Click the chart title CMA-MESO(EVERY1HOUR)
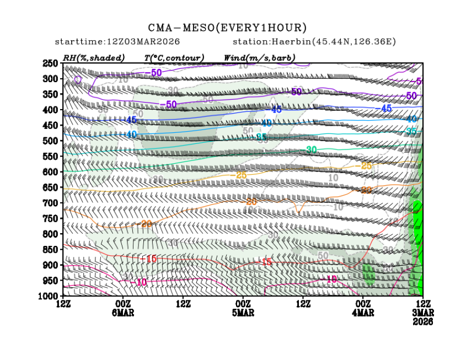click(x=227, y=28)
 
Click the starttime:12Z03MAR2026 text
click(x=117, y=42)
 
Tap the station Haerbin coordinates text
click(x=314, y=42)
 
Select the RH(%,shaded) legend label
click(x=94, y=57)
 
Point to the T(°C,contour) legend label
click(x=174, y=57)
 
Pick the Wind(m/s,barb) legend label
click(x=259, y=57)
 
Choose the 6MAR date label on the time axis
click(x=122, y=313)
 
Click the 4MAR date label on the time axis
click(x=363, y=313)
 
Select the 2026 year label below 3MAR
click(x=423, y=321)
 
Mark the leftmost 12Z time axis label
click(x=63, y=304)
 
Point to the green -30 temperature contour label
click(x=311, y=150)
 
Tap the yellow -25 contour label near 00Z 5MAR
click(x=240, y=175)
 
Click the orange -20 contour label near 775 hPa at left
click(x=146, y=224)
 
